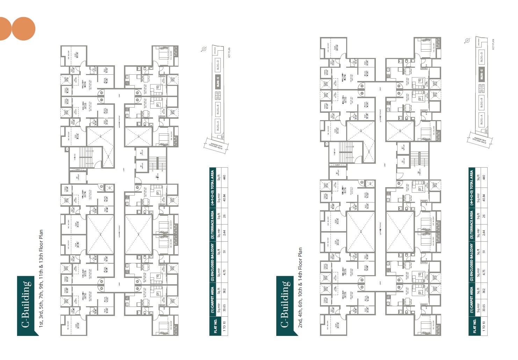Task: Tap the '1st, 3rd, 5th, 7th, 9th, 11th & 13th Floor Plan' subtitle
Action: click(x=41, y=278)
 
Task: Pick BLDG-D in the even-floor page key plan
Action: click(x=481, y=57)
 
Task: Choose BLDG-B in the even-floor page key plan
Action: click(x=481, y=104)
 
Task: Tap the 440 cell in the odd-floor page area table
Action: click(x=224, y=177)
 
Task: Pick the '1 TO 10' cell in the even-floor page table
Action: click(x=484, y=327)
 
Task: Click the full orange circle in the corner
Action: click(x=23, y=29)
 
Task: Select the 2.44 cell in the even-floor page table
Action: click(x=484, y=232)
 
